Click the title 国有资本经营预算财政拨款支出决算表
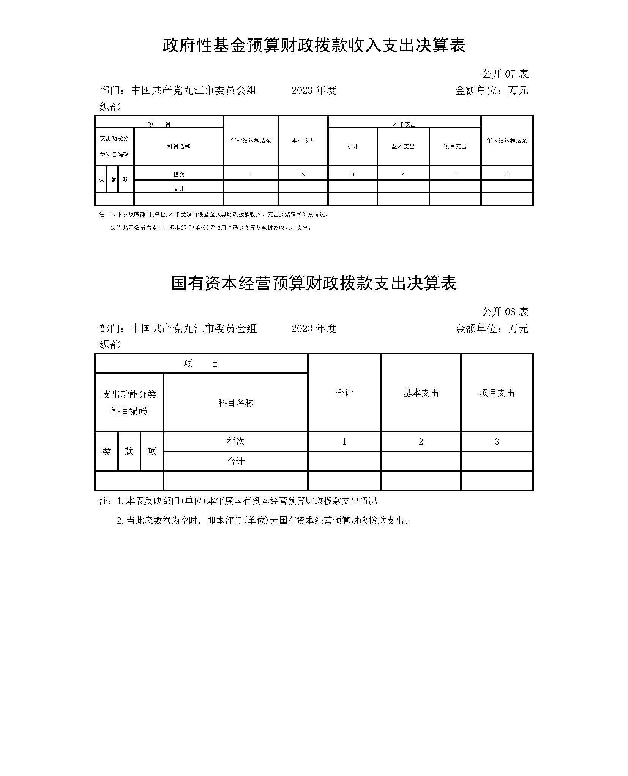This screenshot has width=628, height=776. pyautogui.click(x=314, y=283)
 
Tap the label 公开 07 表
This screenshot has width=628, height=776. pyautogui.click(x=505, y=74)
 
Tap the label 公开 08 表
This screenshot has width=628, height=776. pyautogui.click(x=505, y=312)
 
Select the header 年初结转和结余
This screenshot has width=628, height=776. pyautogui.click(x=251, y=141)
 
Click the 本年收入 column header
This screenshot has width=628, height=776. pyautogui.click(x=303, y=141)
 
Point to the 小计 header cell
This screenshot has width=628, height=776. pyautogui.click(x=352, y=146)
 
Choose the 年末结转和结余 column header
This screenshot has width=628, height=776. pyautogui.click(x=507, y=141)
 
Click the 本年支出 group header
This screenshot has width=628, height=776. pyautogui.click(x=404, y=124)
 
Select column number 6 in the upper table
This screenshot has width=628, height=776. pyautogui.click(x=507, y=174)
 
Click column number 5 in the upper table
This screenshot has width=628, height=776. pyautogui.click(x=455, y=174)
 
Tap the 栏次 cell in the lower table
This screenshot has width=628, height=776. pyautogui.click(x=235, y=441)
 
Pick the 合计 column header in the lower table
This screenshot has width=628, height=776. pyautogui.click(x=344, y=393)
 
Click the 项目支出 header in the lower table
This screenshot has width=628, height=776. pyautogui.click(x=497, y=393)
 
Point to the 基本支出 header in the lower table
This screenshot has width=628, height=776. pyautogui.click(x=421, y=393)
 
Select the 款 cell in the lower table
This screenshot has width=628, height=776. pyautogui.click(x=129, y=451)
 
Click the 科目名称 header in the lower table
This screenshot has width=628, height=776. pyautogui.click(x=235, y=403)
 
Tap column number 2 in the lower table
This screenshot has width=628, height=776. pyautogui.click(x=421, y=442)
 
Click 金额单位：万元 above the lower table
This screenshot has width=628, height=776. pyautogui.click(x=491, y=328)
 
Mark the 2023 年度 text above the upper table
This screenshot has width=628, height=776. pyautogui.click(x=314, y=90)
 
